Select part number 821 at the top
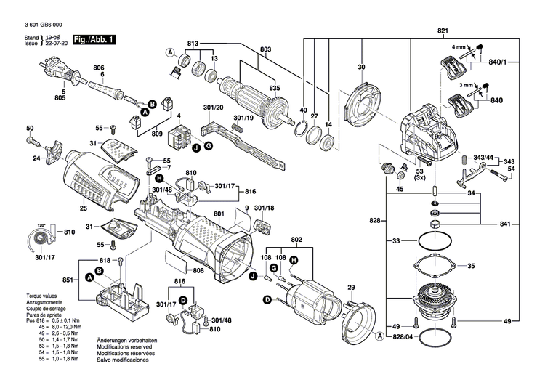pyautogui.click(x=443, y=31)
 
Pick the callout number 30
pyautogui.click(x=360, y=68)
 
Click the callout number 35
pyautogui.click(x=490, y=267)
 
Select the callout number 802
pyautogui.click(x=296, y=240)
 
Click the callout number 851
pyautogui.click(x=67, y=280)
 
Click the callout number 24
pyautogui.click(x=36, y=158)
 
